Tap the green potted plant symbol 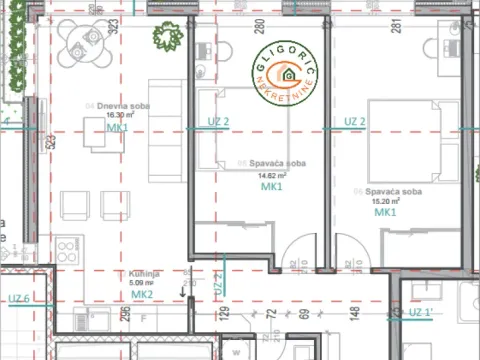click(165, 39)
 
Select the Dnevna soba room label click(103, 104)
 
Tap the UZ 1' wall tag click(422, 313)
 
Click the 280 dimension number click(258, 27)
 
